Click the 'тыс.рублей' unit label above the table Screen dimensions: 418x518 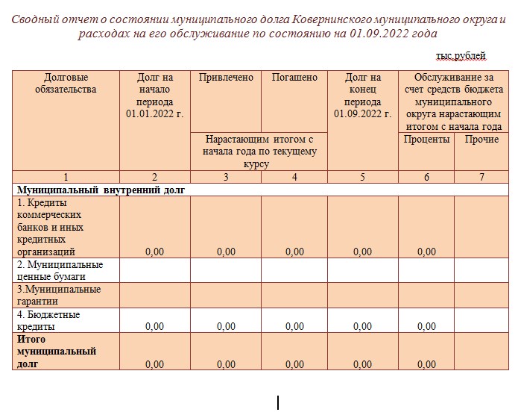[461, 55]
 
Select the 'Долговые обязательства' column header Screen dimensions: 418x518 [66, 84]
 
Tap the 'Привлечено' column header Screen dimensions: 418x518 [226, 78]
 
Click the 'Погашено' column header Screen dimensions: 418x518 [294, 78]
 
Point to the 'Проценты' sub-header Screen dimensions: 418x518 [426, 140]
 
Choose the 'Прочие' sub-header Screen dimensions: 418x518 [481, 140]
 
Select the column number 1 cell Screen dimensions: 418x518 [66, 177]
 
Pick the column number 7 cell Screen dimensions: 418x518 [481, 177]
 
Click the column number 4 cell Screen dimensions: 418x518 [294, 177]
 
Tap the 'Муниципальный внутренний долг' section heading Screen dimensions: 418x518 [101, 190]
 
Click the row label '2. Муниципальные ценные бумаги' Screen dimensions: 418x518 [60, 270]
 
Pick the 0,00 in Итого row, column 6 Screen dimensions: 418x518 [426, 364]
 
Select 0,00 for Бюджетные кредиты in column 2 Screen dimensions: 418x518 [154, 326]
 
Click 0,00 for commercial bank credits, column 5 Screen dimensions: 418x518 [362, 252]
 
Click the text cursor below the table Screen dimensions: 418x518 [278, 403]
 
